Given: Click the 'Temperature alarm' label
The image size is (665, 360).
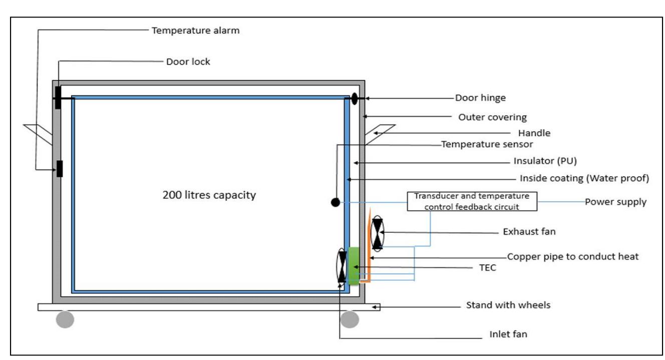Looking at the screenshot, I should [x=195, y=31].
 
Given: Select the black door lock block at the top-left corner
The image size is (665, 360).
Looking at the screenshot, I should [x=58, y=97].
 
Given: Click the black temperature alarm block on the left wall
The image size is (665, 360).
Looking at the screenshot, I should [x=60, y=169].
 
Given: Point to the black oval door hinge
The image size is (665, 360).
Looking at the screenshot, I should [x=355, y=98].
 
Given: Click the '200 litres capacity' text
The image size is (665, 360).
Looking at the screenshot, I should [x=209, y=195].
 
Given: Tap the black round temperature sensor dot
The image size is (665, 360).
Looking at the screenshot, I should [x=336, y=202].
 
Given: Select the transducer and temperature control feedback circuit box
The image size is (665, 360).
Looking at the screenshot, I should [x=471, y=201].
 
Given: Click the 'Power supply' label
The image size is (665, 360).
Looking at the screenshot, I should [x=615, y=202].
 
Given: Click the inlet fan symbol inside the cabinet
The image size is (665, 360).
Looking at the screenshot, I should [x=342, y=266].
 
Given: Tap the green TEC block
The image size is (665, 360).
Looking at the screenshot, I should [x=354, y=266].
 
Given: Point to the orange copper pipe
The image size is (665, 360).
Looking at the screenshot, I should [x=369, y=250].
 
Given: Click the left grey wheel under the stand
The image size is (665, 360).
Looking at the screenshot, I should [x=65, y=319].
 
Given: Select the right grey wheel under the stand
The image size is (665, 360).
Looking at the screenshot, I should [x=350, y=319].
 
